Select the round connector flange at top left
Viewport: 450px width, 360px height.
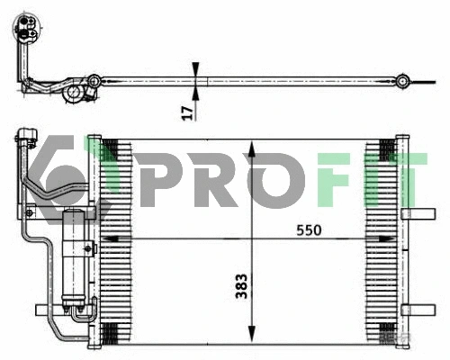[23, 18]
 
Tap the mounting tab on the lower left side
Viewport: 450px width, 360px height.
[43, 310]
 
